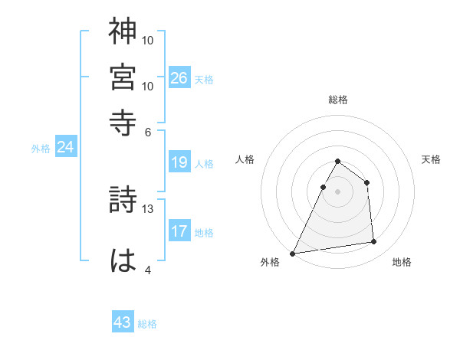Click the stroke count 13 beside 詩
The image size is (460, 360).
[149, 208]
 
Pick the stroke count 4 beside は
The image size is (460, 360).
[147, 269]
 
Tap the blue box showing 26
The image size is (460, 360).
[179, 77]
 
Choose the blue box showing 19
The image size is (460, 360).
[179, 162]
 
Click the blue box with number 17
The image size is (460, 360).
[179, 231]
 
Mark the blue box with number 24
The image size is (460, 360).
[65, 147]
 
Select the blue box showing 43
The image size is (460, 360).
[123, 322]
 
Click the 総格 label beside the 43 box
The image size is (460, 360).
[147, 324]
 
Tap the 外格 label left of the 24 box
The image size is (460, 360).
[40, 149]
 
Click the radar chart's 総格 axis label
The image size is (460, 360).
[337, 100]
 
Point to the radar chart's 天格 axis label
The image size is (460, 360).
[431, 159]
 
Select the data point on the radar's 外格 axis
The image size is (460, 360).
[293, 253]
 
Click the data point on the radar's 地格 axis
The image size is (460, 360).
[374, 242]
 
